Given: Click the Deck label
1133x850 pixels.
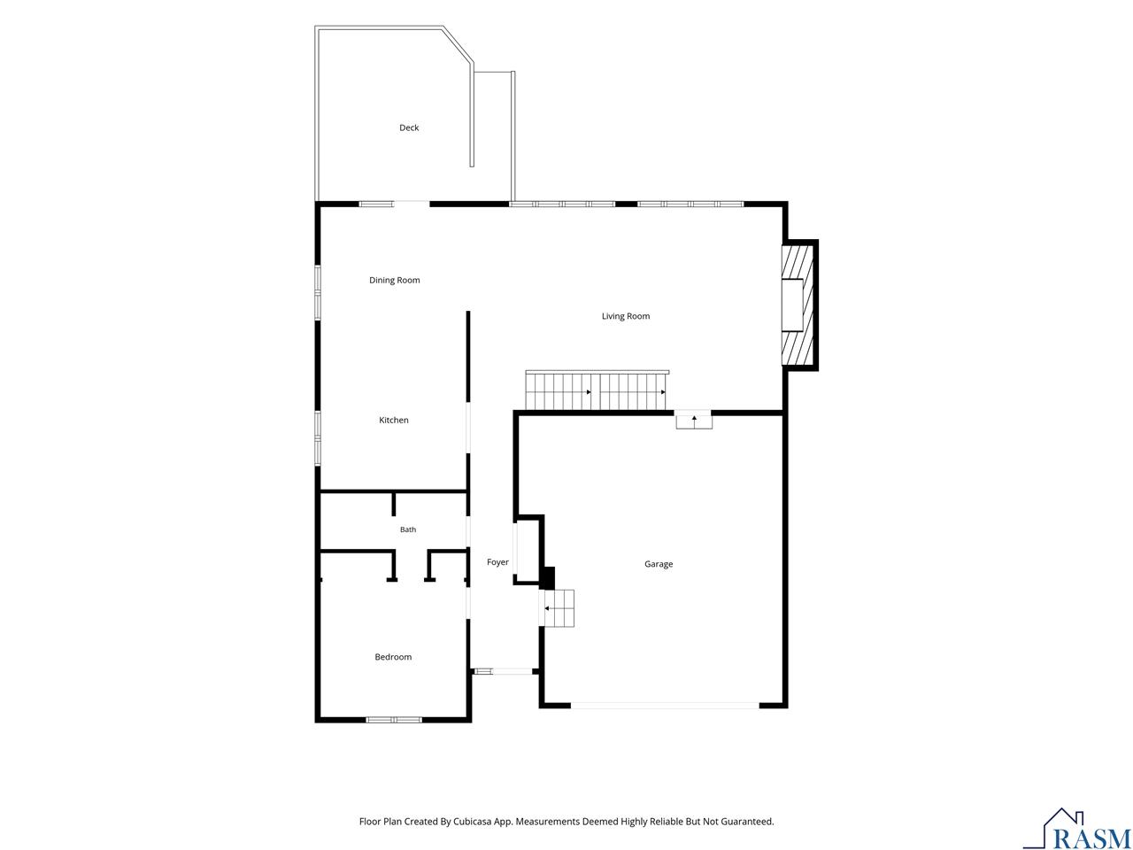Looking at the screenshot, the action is click(x=409, y=127).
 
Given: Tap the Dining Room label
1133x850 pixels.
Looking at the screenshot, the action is click(x=395, y=281).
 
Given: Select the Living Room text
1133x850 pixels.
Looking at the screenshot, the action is click(x=626, y=316).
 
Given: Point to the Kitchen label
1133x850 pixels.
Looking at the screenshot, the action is click(x=394, y=420).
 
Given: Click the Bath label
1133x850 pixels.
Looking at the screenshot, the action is click(x=408, y=529).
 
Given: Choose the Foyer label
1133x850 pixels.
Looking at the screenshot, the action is click(x=497, y=562).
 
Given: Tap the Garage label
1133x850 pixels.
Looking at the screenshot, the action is click(x=659, y=564).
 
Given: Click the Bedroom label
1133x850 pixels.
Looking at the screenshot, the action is click(x=393, y=657).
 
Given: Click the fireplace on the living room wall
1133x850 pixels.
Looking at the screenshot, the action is click(x=798, y=305).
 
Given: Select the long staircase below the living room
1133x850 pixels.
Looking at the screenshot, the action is click(x=597, y=390).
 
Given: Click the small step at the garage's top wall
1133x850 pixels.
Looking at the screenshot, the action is click(x=694, y=421).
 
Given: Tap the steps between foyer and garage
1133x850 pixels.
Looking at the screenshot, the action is click(x=558, y=608).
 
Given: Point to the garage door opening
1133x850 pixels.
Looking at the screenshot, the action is click(x=665, y=705).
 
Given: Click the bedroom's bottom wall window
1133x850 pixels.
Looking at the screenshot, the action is click(x=394, y=720).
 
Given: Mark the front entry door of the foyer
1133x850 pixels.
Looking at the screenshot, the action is click(x=512, y=671).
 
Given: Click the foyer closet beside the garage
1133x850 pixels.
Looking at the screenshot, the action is click(x=527, y=550).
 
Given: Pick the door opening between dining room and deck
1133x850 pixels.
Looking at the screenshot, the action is click(x=412, y=204).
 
